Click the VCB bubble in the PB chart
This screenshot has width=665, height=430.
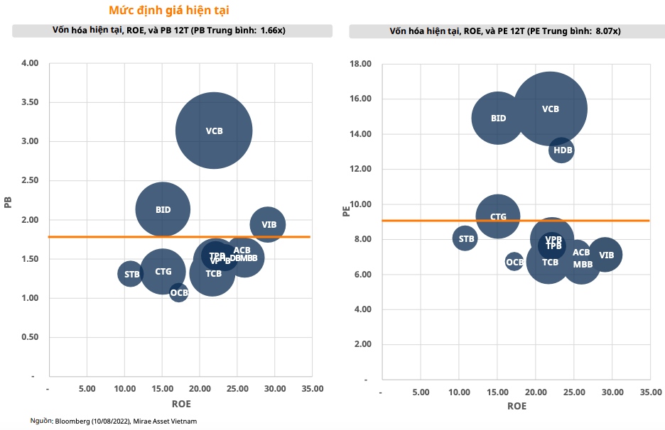click(x=214, y=131)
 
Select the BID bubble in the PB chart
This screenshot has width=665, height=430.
click(x=163, y=209)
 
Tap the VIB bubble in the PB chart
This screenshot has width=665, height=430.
click(x=268, y=225)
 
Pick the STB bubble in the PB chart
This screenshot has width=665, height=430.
click(x=131, y=274)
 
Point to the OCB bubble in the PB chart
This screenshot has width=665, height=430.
click(x=179, y=292)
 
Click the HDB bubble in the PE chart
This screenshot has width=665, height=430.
click(x=561, y=150)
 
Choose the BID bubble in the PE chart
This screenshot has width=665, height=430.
click(x=498, y=118)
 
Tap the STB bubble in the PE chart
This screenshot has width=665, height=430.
click(x=465, y=238)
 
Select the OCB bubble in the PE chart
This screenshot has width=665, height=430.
click(x=514, y=262)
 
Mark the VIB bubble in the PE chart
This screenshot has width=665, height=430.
click(x=605, y=255)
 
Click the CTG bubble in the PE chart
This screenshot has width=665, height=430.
click(x=498, y=216)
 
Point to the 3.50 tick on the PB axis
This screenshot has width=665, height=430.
click(x=30, y=102)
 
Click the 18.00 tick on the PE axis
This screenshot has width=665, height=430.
click(x=362, y=64)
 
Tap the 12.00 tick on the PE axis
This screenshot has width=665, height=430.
click(x=362, y=169)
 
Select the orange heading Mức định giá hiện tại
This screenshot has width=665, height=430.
click(x=168, y=11)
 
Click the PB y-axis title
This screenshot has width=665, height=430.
click(x=9, y=203)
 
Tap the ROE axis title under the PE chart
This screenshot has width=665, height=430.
click(x=517, y=406)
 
